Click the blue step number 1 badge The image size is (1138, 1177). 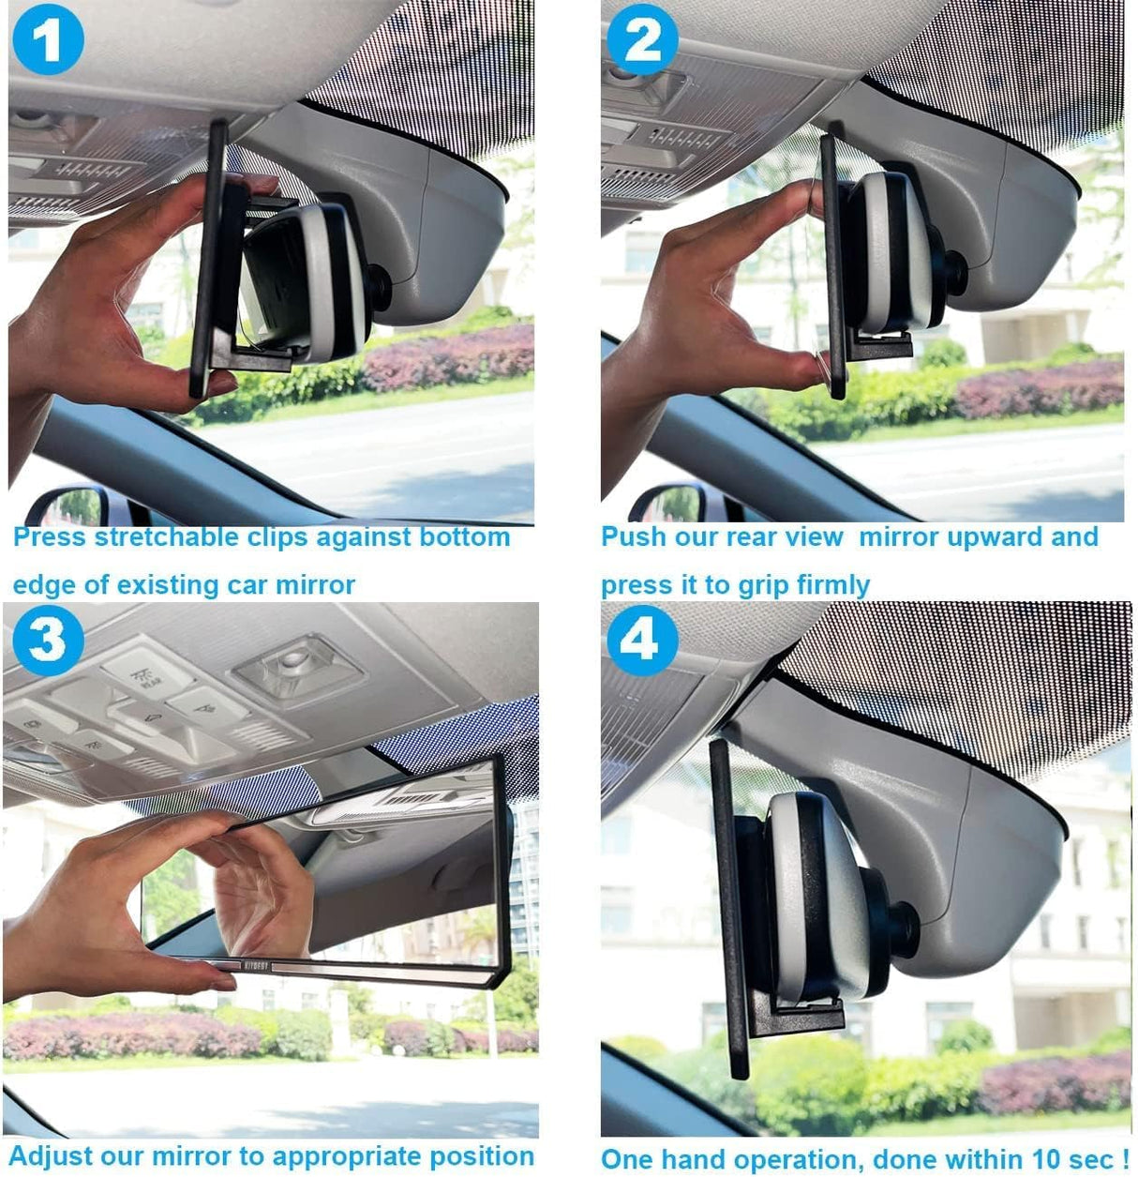pos(48,39)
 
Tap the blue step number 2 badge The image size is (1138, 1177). pos(642,39)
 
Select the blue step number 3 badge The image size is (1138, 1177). pos(48,641)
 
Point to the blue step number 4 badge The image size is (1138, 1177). pos(642,641)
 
